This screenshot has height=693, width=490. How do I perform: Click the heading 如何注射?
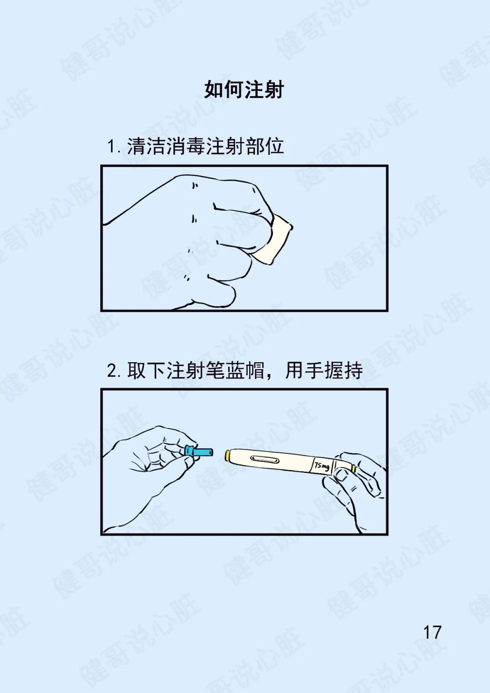coord(244,90)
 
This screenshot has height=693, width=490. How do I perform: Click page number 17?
coord(432,632)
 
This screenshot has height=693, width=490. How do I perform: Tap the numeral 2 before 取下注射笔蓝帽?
coord(111,371)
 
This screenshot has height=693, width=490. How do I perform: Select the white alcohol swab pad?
coord(272,240)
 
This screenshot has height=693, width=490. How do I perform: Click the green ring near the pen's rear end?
coord(353,469)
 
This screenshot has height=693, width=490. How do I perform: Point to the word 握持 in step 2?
coord(343,370)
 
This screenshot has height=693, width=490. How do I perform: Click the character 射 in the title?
coord(274,90)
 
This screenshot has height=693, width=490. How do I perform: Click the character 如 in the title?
coord(214,90)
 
